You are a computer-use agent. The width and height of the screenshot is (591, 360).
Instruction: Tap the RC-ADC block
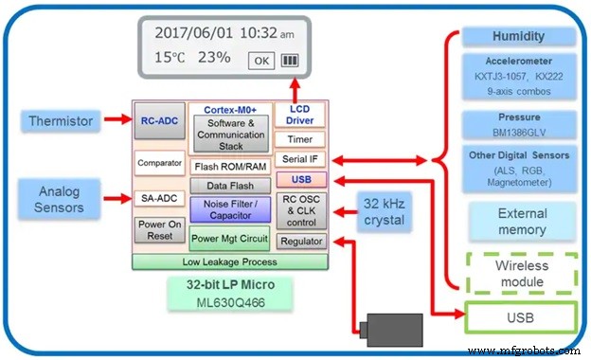pyautogui.click(x=158, y=120)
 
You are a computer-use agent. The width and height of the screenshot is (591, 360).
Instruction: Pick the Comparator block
pyautogui.click(x=158, y=163)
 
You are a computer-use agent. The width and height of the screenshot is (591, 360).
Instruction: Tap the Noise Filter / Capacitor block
pyautogui.click(x=230, y=209)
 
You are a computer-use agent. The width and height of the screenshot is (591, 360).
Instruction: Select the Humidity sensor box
pyautogui.click(x=519, y=37)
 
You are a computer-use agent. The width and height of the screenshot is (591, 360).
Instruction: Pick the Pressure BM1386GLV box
pyautogui.click(x=519, y=124)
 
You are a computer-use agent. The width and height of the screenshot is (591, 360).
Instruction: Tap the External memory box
pyautogui.click(x=522, y=222)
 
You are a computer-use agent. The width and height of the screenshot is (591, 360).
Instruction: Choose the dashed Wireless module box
pyautogui.click(x=522, y=273)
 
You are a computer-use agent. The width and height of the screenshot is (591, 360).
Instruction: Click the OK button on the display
pyautogui.click(x=261, y=61)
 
